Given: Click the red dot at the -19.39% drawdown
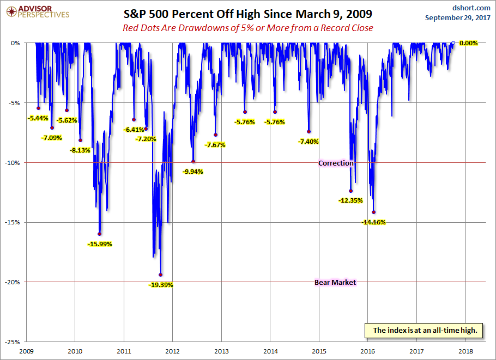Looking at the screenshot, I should tap(160, 275).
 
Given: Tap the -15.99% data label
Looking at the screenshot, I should tap(99, 244).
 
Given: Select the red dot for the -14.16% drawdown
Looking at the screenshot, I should tap(373, 212).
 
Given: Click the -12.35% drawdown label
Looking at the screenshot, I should tap(350, 200).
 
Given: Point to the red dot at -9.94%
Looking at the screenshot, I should tap(193, 162).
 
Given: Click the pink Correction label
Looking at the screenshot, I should tap(336, 163).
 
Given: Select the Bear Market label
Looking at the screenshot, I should tap(335, 282).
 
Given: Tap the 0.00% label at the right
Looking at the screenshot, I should tap(468, 42).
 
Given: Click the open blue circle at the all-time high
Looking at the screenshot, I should tap(453, 42).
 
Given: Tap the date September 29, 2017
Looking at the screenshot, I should tap(460, 18).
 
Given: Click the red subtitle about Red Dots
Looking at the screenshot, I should tap(247, 28).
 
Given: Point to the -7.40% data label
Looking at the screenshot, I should tap(309, 142).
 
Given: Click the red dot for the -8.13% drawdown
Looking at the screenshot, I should tap(80, 140).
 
